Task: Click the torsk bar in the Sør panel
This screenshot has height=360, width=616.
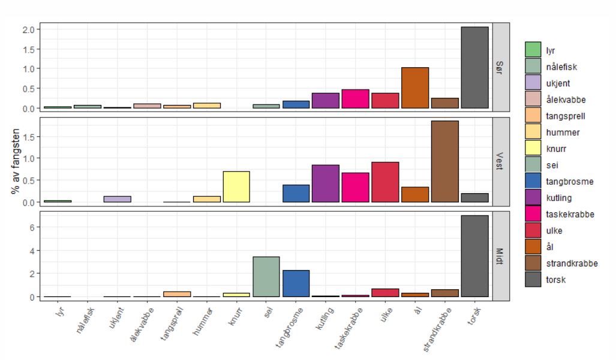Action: point(474,68)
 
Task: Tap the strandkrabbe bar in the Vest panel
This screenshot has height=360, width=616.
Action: point(445,161)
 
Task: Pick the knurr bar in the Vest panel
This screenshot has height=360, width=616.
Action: point(236,187)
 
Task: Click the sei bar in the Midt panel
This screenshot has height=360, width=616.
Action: point(266,277)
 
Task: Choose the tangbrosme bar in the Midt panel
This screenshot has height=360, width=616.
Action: point(296,283)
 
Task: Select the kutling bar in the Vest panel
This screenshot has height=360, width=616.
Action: point(326,184)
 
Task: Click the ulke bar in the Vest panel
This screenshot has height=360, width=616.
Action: point(385,182)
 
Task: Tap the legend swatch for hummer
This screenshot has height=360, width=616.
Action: point(533,133)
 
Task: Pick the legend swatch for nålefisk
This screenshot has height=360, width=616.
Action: point(533,68)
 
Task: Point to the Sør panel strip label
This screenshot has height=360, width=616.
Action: point(501,67)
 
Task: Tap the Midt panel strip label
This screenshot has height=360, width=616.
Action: point(501,254)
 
